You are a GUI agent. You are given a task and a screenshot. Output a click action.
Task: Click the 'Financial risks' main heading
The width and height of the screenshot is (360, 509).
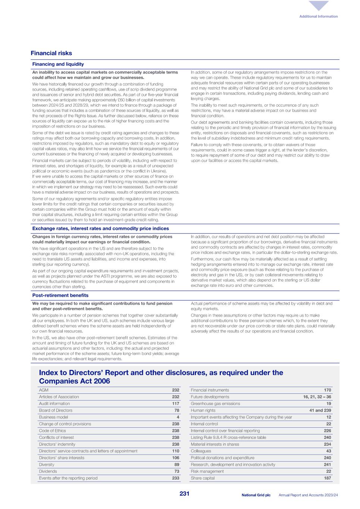click(x=51, y=53)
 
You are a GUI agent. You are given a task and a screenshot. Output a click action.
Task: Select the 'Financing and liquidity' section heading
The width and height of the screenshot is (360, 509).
click(x=58, y=64)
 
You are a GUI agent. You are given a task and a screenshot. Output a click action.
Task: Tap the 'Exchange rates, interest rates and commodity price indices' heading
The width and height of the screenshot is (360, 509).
click(x=100, y=229)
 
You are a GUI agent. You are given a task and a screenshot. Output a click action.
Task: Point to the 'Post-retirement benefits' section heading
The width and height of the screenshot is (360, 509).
click(x=60, y=295)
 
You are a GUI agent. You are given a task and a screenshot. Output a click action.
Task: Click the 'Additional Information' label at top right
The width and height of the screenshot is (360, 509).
click(x=318, y=16)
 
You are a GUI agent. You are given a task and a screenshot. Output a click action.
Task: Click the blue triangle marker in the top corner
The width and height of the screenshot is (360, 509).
click(x=319, y=6)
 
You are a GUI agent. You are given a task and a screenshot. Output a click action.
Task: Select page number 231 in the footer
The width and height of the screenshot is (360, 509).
click(x=184, y=494)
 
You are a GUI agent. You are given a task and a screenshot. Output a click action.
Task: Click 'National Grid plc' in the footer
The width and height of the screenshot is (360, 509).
click(x=256, y=495)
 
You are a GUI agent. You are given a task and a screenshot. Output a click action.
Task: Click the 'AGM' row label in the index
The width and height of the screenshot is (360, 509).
click(x=43, y=390)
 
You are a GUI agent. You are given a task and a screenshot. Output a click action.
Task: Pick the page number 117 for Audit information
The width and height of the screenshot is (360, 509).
click(x=175, y=403)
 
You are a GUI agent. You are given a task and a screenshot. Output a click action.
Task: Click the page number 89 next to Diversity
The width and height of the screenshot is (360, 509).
click(x=177, y=465)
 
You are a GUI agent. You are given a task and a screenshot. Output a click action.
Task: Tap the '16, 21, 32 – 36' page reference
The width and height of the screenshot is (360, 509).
click(x=317, y=397)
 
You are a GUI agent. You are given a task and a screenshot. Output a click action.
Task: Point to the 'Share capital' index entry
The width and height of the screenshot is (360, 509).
click(x=203, y=478)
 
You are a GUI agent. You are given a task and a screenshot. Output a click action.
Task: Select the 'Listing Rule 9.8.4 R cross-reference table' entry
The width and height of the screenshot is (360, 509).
click(x=228, y=437)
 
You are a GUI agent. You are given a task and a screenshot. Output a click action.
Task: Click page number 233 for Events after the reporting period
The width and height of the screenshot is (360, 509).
click(x=175, y=478)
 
